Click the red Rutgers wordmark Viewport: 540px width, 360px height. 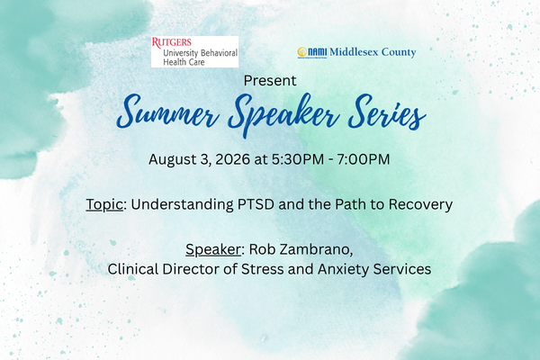[172, 42]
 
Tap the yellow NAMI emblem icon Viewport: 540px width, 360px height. [302, 52]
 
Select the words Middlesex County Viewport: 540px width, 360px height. [373, 52]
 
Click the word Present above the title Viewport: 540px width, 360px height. [270, 81]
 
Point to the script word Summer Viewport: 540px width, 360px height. [167, 112]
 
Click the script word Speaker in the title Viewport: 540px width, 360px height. [283, 114]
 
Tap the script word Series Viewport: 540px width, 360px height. [387, 112]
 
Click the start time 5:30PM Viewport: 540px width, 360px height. [298, 159]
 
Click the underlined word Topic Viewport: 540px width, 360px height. [104, 204]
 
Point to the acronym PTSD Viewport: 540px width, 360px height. [256, 204]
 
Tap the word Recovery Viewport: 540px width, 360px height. [420, 204]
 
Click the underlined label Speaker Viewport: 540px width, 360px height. [213, 249]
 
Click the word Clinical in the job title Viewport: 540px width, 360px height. [133, 269]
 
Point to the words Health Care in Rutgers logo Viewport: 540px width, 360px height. [184, 62]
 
